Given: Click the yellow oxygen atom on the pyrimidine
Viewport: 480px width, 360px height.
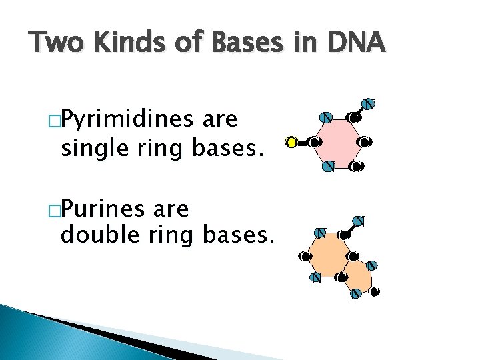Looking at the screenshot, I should point(291,141).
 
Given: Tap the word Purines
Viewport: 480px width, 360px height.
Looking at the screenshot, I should point(115,210).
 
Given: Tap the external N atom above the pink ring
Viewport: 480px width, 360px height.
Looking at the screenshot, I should point(367,103).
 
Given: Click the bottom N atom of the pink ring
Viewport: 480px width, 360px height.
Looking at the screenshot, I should point(328,166).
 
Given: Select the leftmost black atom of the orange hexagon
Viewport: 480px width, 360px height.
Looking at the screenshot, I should point(305,255).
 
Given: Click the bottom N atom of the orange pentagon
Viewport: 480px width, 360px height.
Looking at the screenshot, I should point(355,293).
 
